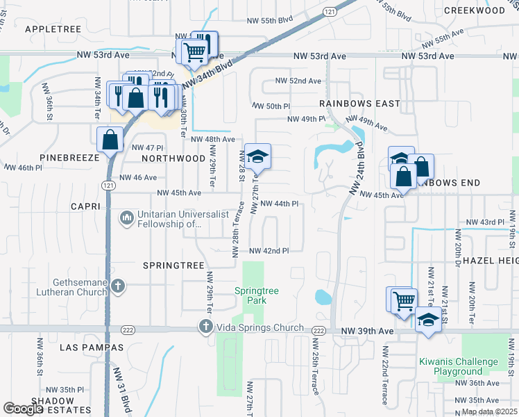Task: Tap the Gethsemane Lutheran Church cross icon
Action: click(119, 286)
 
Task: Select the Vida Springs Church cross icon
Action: click(205, 325)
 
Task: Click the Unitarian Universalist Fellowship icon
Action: click(126, 218)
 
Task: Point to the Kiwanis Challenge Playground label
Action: click(458, 366)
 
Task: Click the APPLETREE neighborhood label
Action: click(53, 29)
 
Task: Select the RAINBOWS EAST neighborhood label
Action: click(359, 104)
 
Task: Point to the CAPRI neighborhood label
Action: click(87, 207)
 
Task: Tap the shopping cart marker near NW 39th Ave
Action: click(402, 300)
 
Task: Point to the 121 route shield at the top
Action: click(330, 12)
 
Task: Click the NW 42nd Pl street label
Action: click(269, 250)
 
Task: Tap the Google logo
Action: click(24, 409)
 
